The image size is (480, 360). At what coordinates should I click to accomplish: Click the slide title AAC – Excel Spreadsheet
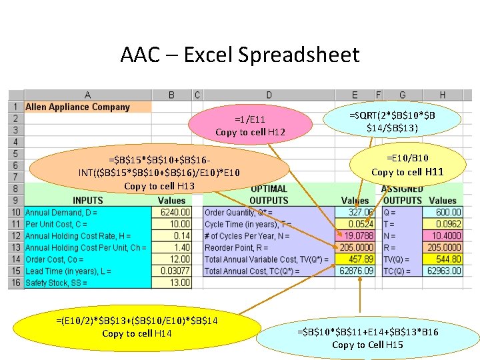(x=240, y=54)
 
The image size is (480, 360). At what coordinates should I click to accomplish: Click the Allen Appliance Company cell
(x=78, y=107)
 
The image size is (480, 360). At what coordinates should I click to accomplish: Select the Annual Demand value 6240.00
(x=175, y=212)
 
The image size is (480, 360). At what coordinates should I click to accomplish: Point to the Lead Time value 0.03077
(x=175, y=271)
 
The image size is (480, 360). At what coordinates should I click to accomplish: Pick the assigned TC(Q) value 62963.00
(x=444, y=271)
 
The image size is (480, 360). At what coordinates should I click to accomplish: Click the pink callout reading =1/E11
(x=250, y=125)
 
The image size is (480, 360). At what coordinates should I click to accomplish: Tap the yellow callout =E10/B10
(x=407, y=165)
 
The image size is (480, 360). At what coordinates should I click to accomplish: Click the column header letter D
(x=269, y=95)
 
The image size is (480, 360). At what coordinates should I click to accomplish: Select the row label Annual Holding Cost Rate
(x=78, y=235)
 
